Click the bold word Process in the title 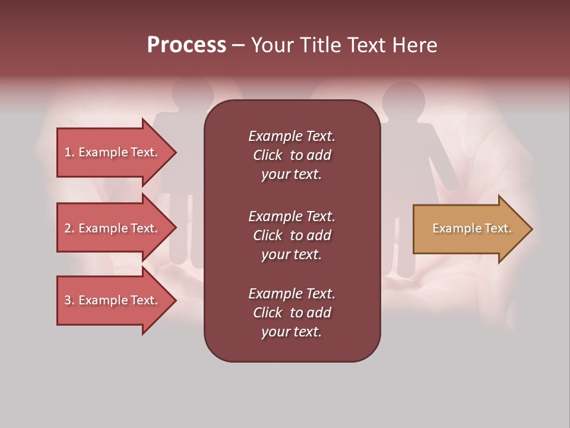click(186, 45)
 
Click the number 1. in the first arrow click(69, 152)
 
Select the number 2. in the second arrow click(69, 228)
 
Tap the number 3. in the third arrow click(69, 300)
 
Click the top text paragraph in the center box click(292, 155)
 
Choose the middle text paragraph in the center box click(292, 235)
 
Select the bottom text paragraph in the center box click(292, 313)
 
